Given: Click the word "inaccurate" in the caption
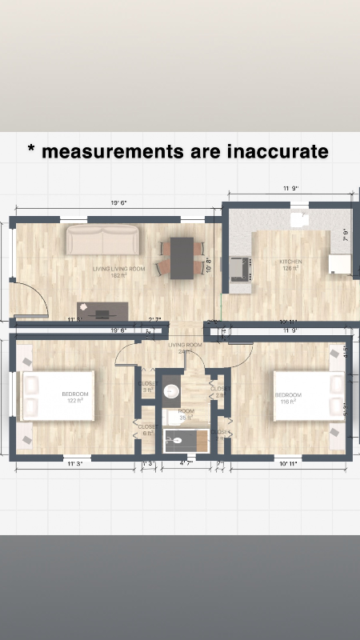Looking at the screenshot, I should pyautogui.click(x=278, y=151).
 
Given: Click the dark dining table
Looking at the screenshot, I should pyautogui.click(x=182, y=257).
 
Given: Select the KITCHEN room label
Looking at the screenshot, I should pyautogui.click(x=290, y=264).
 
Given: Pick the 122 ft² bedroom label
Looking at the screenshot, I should pyautogui.click(x=75, y=397).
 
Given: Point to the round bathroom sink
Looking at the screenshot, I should pyautogui.click(x=171, y=391).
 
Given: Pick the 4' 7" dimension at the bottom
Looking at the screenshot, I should pyautogui.click(x=186, y=463).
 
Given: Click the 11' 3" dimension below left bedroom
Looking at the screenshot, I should pyautogui.click(x=74, y=463).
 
